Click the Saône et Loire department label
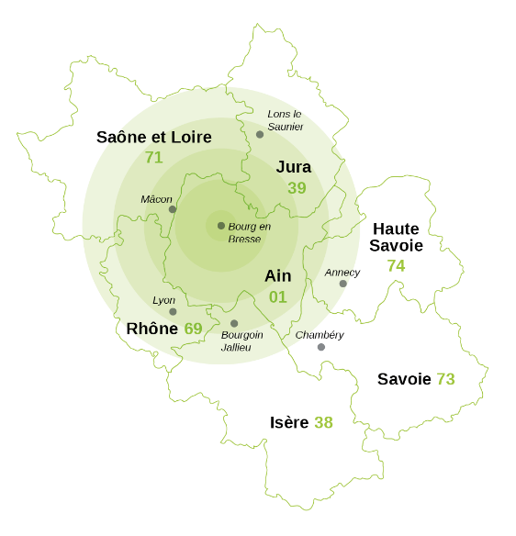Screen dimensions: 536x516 point(154,138)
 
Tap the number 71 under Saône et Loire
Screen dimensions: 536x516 point(153,158)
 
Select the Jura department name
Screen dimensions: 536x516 point(294,167)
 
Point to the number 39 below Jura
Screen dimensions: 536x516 point(297,188)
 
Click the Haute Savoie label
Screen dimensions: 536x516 point(396,237)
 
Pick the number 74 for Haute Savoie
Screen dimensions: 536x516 point(396,266)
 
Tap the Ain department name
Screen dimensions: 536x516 point(277,276)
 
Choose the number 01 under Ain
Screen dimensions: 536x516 point(277,297)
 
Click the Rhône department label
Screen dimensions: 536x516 point(151,329)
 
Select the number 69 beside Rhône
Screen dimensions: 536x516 point(193,329)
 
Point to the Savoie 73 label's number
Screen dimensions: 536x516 point(445,379)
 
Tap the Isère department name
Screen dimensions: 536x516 point(289,423)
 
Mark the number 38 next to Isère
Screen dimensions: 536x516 point(323,423)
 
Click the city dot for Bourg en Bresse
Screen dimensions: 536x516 point(221,226)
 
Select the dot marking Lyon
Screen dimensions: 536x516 point(173,312)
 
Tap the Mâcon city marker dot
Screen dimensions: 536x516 point(172,209)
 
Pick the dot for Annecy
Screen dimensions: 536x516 point(342,284)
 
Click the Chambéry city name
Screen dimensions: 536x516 point(320,335)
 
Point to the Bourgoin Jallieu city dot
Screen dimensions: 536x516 point(234,323)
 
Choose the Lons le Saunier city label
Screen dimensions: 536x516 point(285,120)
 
